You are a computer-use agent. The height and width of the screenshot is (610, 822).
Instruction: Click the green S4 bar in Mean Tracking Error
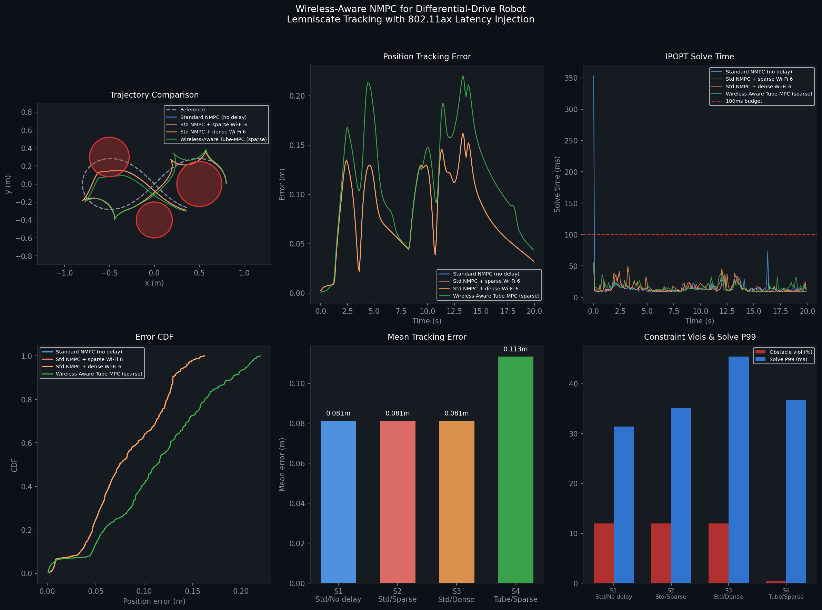(x=515, y=469)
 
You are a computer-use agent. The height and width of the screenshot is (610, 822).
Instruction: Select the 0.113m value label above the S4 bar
(x=515, y=349)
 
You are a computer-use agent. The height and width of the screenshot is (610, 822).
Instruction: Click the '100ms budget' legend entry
(x=743, y=101)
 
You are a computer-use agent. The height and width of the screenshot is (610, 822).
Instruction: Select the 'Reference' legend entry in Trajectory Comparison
(x=192, y=110)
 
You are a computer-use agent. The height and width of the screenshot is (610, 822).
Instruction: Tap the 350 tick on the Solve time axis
(x=571, y=78)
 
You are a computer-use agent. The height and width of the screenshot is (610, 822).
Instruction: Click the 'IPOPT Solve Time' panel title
(x=699, y=57)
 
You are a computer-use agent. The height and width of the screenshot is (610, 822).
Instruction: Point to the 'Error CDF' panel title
(x=154, y=337)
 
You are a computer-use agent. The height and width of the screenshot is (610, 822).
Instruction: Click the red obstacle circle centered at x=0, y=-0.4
(x=154, y=220)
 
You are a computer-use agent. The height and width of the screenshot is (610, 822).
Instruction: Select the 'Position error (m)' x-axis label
(x=154, y=601)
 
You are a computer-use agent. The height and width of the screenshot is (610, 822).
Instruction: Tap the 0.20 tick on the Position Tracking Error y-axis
(x=297, y=96)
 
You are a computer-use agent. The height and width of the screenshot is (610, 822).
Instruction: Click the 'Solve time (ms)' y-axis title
(x=557, y=184)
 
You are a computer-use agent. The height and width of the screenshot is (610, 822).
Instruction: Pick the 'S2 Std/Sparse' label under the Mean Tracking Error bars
(x=397, y=595)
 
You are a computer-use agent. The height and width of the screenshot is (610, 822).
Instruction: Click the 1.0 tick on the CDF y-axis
(x=27, y=356)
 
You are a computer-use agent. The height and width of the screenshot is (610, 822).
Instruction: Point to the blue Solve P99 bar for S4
(x=796, y=491)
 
